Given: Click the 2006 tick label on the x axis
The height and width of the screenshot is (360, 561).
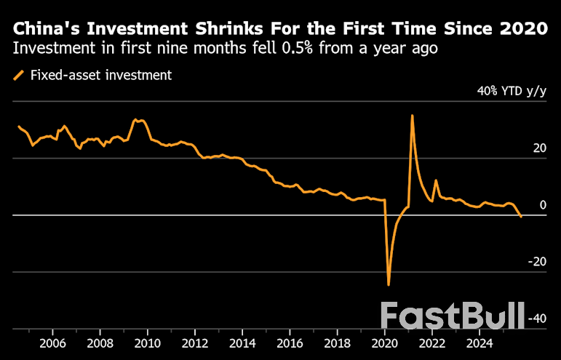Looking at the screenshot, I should point(52,342).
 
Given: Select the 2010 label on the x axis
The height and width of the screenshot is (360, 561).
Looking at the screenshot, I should point(147,342).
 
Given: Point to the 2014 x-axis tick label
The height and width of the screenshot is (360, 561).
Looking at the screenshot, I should point(242,342).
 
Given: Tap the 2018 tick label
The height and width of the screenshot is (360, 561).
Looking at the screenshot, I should point(337,342).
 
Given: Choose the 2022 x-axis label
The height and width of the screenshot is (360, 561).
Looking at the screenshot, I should point(431,342).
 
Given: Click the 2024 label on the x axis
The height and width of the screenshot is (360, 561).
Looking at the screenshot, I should point(479,342).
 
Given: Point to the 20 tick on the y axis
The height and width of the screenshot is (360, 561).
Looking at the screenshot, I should point(539,148).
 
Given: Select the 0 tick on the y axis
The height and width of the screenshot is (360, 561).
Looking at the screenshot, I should point(543,205).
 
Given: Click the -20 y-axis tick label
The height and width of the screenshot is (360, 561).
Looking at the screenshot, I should point(537,262).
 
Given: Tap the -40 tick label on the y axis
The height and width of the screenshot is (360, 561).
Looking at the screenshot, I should point(537,319).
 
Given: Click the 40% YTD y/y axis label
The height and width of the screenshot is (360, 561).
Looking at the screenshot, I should point(512,91).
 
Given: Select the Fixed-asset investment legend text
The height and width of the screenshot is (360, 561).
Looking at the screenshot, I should point(101,74).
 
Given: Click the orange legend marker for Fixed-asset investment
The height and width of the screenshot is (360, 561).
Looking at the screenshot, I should point(18,74).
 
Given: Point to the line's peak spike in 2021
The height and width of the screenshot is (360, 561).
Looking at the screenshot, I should point(413,116).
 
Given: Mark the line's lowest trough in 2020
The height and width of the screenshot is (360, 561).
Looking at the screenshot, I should point(389,284).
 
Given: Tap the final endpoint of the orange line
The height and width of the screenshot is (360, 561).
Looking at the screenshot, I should point(521,217).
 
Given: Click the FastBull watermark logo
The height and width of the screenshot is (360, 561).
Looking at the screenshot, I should point(453,316).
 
